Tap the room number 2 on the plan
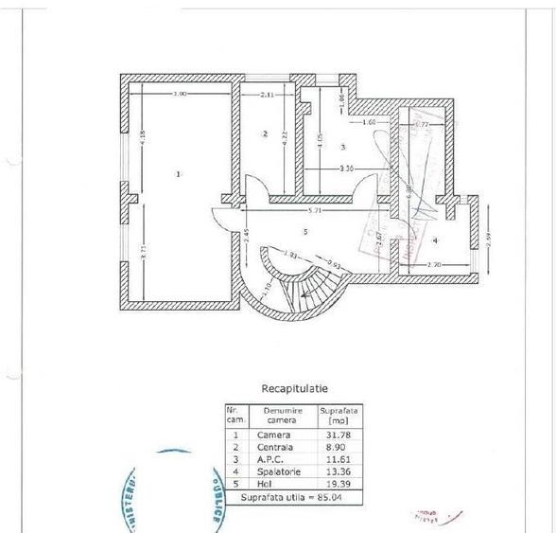point(266,133)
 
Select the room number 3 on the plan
point(342,148)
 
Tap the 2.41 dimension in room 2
point(267,95)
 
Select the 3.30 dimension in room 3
point(347,169)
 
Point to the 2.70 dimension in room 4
point(434,264)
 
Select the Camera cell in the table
point(274,435)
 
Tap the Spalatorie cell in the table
point(279,470)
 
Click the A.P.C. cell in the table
point(272,458)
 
